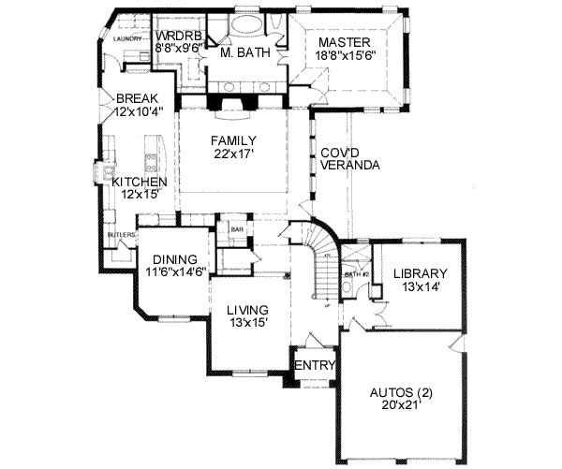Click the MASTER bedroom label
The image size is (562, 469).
pyautogui.click(x=344, y=43)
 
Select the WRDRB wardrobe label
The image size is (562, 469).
pyautogui.click(x=175, y=35)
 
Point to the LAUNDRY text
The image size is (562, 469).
pyautogui.click(x=126, y=39)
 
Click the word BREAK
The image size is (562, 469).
pyautogui.click(x=136, y=98)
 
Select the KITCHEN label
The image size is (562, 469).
pyautogui.click(x=140, y=182)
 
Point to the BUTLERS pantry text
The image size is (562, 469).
pyautogui.click(x=121, y=233)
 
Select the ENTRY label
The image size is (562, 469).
pyautogui.click(x=310, y=365)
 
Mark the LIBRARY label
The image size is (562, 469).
pyautogui.click(x=420, y=273)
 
